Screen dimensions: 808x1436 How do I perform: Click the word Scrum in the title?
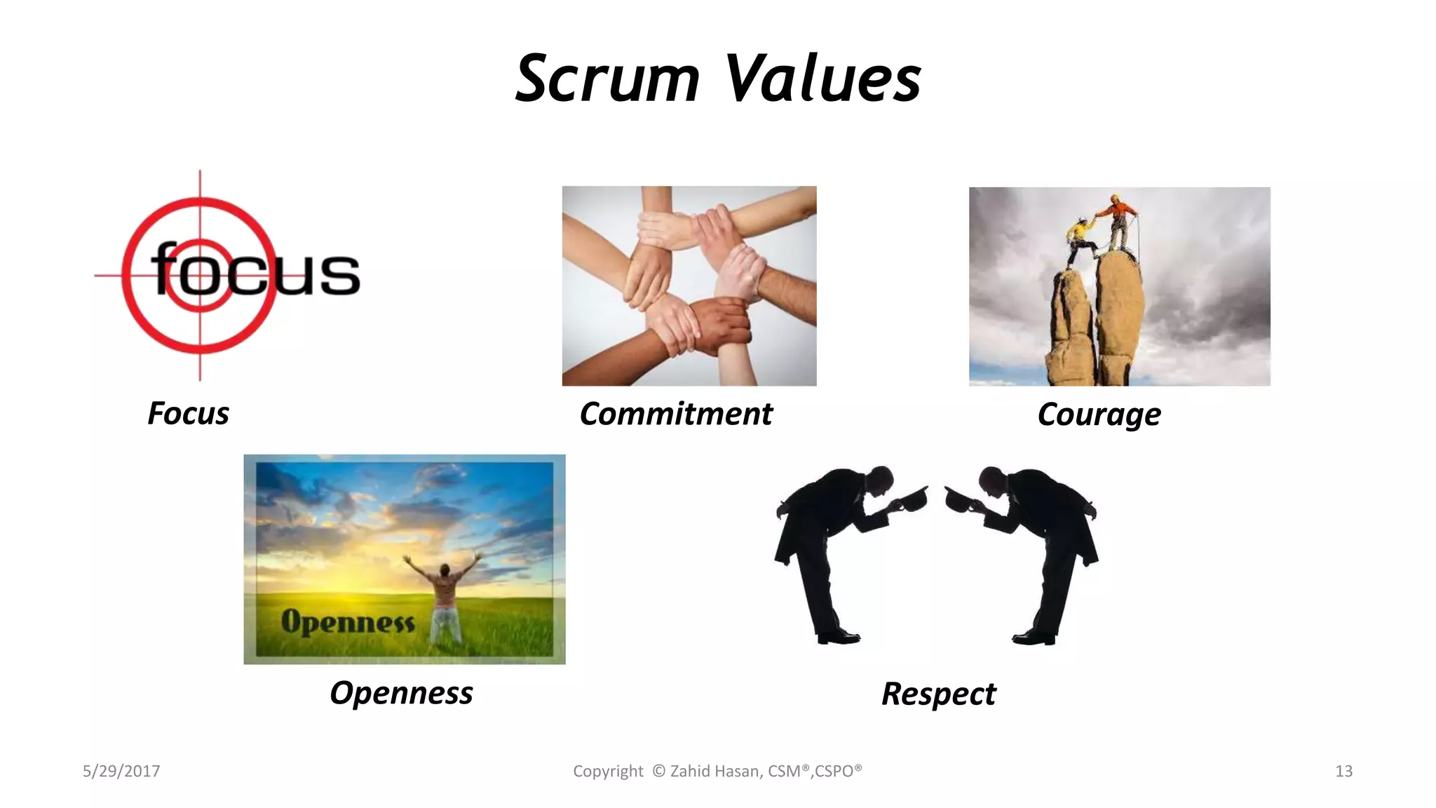[607, 79]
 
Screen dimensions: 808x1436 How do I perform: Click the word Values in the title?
[822, 79]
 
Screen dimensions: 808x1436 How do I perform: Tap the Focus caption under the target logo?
[188, 413]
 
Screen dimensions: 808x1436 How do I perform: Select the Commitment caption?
[676, 414]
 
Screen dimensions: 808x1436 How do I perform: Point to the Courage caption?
[1099, 415]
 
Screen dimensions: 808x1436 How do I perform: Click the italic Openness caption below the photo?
[401, 693]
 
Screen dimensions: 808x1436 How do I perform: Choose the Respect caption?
[938, 694]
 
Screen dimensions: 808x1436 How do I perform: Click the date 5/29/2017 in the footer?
[121, 771]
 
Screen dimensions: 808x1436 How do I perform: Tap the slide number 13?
[1343, 771]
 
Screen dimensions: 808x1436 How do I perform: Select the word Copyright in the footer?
[608, 771]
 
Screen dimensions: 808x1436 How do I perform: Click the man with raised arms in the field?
[443, 596]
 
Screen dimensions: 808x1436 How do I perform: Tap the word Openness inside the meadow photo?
[348, 622]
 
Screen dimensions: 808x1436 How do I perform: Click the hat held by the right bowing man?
[961, 499]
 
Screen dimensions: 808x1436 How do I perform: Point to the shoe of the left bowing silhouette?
[839, 638]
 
